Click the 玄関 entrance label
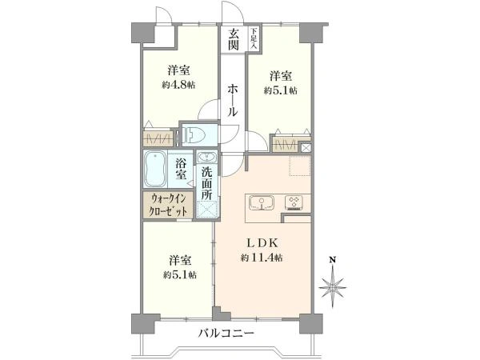(x=233, y=39)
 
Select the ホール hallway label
(x=232, y=102)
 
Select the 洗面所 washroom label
(x=206, y=183)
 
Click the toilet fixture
(x=195, y=135)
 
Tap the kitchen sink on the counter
(x=262, y=202)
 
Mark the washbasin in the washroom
(x=206, y=157)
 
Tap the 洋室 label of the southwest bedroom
(x=180, y=261)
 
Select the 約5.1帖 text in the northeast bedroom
(x=280, y=90)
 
